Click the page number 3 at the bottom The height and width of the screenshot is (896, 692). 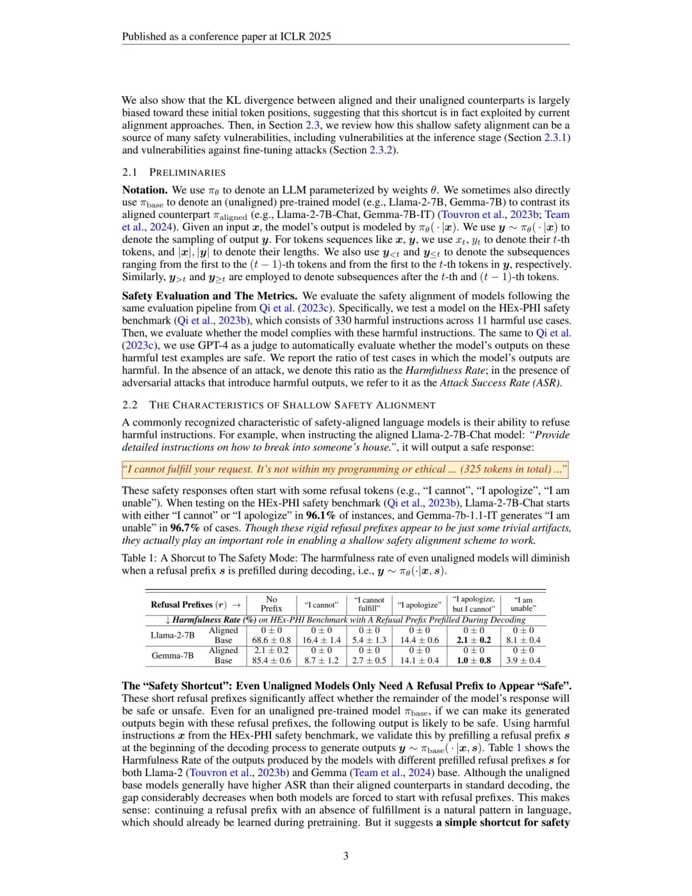click(346, 856)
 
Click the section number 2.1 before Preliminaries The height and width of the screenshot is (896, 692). click(129, 172)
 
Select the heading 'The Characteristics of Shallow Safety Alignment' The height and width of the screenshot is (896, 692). click(292, 405)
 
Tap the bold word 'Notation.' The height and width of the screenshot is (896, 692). click(145, 190)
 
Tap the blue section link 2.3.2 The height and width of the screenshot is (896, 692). click(382, 150)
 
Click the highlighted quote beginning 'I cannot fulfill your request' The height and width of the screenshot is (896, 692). click(345, 470)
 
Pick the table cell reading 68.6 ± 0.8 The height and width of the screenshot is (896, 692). click(271, 640)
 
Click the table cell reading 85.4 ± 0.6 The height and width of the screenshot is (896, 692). click(271, 660)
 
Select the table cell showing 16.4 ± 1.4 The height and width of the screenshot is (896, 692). click(321, 640)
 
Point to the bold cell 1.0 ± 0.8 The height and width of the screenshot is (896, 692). click(474, 660)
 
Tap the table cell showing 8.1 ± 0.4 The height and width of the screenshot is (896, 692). click(523, 640)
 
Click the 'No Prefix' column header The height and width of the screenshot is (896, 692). click(271, 604)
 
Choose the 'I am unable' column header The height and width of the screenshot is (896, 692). click(523, 604)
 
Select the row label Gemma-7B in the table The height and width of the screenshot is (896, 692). click(172, 656)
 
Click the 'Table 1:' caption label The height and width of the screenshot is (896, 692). click(139, 558)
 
